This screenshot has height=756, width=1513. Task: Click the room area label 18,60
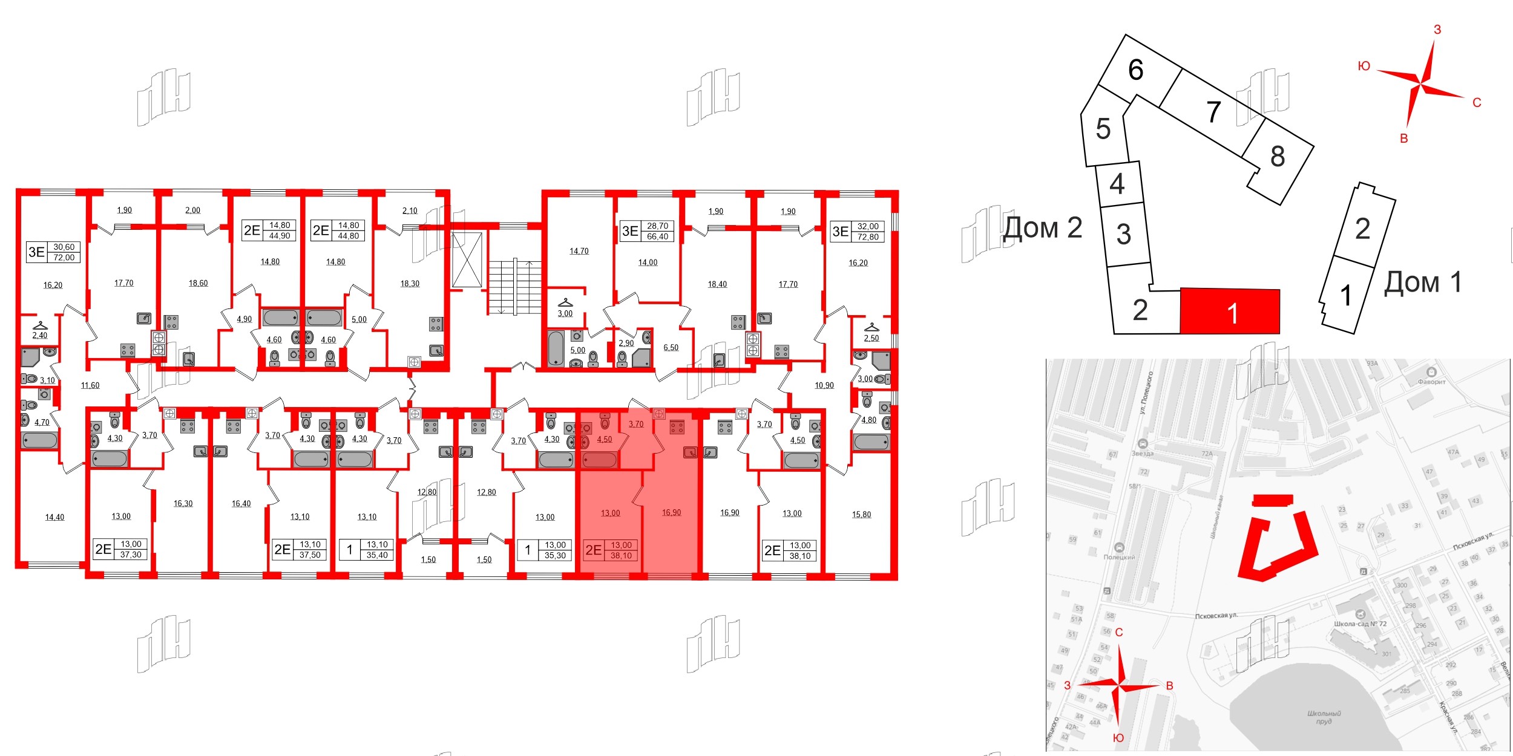point(198,283)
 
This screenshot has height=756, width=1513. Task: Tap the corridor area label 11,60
point(90,385)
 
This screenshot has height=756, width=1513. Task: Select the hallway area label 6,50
point(671,348)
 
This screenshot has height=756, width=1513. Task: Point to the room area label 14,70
point(579,251)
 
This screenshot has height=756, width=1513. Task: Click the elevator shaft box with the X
point(467,259)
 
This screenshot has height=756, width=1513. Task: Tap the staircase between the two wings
point(514,287)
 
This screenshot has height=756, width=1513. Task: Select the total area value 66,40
point(657,236)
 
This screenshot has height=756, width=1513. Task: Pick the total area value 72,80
point(868,237)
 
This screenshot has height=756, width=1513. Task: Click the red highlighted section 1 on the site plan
point(1230,311)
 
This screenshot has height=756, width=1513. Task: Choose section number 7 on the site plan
point(1213,112)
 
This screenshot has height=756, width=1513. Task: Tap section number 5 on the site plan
point(1103,129)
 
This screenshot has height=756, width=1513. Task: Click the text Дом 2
point(1042,228)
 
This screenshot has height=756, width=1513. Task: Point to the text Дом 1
point(1423,282)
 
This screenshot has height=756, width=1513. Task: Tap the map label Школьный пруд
point(1324,717)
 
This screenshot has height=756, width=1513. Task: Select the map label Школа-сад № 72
point(1360,624)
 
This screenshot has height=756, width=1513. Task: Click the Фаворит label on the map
point(1431,382)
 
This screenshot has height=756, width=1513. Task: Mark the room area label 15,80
point(861,515)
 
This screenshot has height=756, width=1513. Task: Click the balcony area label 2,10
point(410,210)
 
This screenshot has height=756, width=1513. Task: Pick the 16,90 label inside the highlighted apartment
point(671,512)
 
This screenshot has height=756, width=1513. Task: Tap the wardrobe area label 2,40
point(39,335)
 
